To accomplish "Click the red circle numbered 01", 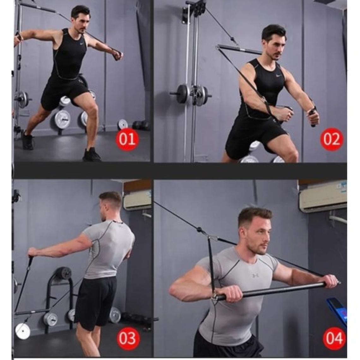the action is pyautogui.click(x=127, y=139).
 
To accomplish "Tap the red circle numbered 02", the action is pyautogui.click(x=331, y=139).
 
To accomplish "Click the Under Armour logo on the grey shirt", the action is pyautogui.click(x=255, y=275).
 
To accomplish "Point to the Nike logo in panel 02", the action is pyautogui.click(x=273, y=76).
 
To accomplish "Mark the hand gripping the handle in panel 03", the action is pyautogui.click(x=33, y=252).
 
